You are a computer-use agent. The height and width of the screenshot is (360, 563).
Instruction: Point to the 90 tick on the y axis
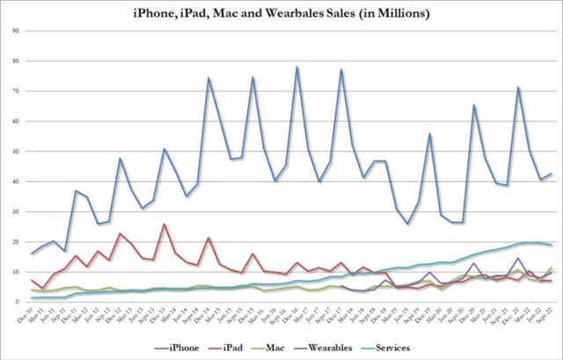[x=18, y=31]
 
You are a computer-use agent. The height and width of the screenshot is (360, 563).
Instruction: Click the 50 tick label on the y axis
[x=18, y=151]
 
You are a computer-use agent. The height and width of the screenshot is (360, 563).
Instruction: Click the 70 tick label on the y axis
[x=18, y=91]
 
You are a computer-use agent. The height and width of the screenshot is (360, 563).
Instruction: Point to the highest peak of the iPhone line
[x=296, y=67]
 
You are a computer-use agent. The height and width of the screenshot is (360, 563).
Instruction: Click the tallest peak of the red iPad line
[x=164, y=224]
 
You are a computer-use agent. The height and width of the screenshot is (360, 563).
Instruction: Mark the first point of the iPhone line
[x=33, y=253]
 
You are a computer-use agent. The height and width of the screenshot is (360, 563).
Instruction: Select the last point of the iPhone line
[x=551, y=173]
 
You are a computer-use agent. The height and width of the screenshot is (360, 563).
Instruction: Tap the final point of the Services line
[x=551, y=245]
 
